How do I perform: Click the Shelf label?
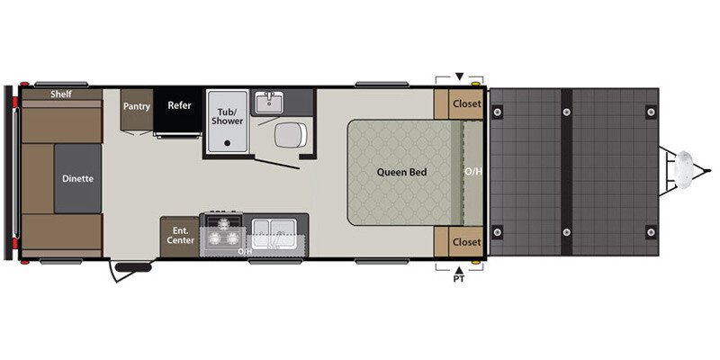coord(61,94)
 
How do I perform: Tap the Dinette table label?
coord(77,178)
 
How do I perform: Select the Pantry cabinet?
coord(137,106)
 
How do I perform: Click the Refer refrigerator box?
coord(179,105)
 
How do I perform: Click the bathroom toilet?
coord(287,135)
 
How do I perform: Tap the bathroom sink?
coord(267,102)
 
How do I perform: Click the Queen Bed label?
coord(400,171)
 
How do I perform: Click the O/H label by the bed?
coord(472,171)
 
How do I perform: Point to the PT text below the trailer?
coord(459,280)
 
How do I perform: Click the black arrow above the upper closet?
coord(459,76)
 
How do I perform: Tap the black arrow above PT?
coord(459,268)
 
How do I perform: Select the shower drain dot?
coord(227,142)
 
